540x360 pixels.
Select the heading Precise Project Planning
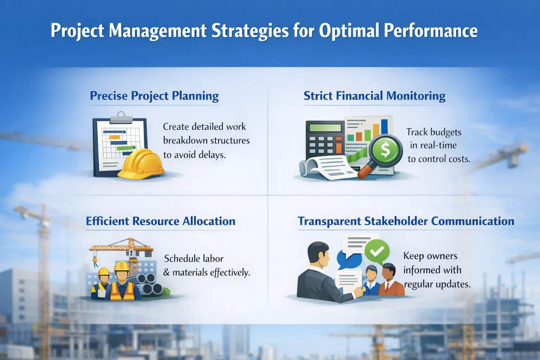[154, 96]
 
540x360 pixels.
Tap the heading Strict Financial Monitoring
[374, 96]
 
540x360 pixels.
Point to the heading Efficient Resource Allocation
[161, 221]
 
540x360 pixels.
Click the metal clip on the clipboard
[121, 118]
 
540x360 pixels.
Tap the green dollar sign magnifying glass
[386, 150]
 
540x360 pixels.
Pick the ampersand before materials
[167, 272]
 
